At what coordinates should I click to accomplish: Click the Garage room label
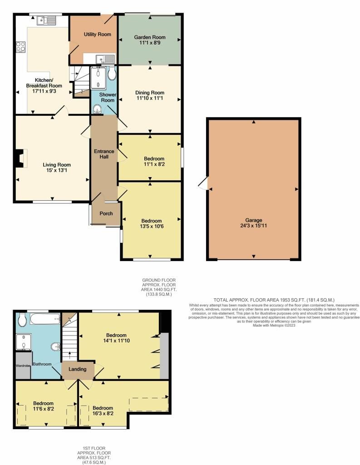click(x=253, y=220)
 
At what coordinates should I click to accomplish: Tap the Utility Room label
click(x=97, y=35)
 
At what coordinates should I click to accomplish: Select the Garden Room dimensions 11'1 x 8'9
click(x=150, y=43)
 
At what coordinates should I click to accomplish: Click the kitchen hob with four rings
click(x=20, y=47)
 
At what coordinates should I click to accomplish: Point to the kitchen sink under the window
click(x=47, y=20)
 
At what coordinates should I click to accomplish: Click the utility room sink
click(x=105, y=59)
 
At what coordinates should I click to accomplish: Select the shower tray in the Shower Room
click(x=98, y=78)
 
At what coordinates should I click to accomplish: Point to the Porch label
click(x=106, y=213)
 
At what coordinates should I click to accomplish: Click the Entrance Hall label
click(x=104, y=154)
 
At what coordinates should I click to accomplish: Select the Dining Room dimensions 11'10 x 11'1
click(x=150, y=98)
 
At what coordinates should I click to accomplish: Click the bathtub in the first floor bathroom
click(x=45, y=319)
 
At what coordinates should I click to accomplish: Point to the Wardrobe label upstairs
click(x=23, y=366)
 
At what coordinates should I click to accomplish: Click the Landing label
click(x=77, y=369)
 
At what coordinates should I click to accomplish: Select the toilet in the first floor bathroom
click(x=22, y=320)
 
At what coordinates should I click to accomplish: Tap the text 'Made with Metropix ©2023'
click(x=274, y=325)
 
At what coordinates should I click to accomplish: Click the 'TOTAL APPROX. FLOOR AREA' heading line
click(x=274, y=300)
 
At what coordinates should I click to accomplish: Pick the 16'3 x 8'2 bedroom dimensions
click(x=103, y=413)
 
